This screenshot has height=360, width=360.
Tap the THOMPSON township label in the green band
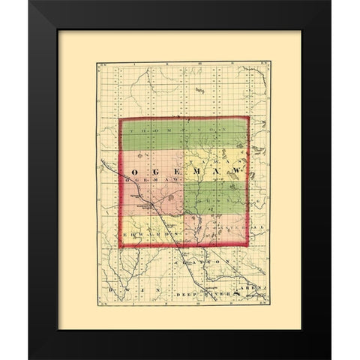click(x=184, y=130)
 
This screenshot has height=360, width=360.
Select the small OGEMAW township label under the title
click(x=142, y=181)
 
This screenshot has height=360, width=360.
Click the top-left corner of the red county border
click(x=120, y=118)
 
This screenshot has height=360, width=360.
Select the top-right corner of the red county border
click(x=248, y=117)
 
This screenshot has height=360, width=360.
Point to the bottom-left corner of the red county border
click(x=120, y=247)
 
